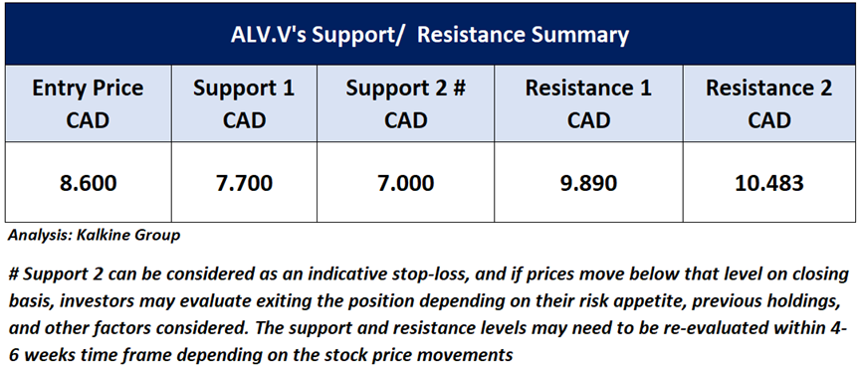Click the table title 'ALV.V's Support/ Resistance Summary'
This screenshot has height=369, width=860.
[x=429, y=36]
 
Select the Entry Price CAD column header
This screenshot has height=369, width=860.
[x=88, y=103]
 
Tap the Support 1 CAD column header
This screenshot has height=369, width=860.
[x=244, y=103]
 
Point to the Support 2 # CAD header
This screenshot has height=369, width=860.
[x=405, y=103]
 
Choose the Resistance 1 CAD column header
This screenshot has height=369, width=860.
[x=588, y=103]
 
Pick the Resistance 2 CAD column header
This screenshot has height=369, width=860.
[x=768, y=103]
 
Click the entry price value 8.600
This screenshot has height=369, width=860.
[x=88, y=183]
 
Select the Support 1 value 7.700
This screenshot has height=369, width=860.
[x=244, y=183]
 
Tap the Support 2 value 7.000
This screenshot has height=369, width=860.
[x=405, y=183]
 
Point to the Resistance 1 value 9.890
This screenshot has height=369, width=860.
[x=588, y=183]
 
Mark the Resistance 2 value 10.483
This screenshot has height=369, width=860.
[x=768, y=183]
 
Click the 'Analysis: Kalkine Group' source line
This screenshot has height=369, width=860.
[x=94, y=237]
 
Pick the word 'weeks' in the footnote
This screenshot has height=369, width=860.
[x=55, y=355]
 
